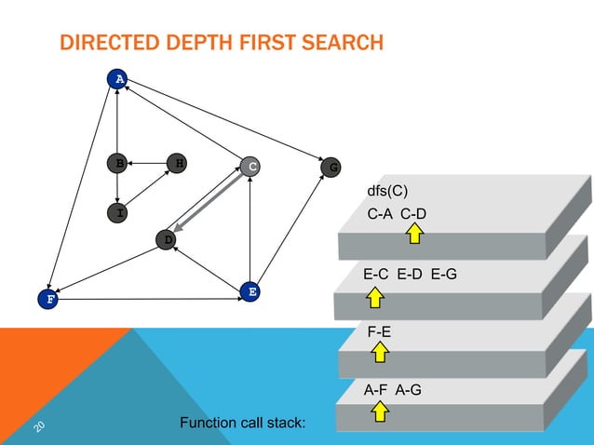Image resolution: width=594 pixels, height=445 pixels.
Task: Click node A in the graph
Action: tap(118, 79)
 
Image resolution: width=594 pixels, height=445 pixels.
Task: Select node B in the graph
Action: tap(118, 164)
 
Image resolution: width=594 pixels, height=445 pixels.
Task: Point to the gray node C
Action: tap(250, 168)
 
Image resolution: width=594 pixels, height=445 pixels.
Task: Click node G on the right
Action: tap(331, 168)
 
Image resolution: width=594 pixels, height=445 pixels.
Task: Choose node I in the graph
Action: tap(118, 213)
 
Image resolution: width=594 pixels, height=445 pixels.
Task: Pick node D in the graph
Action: tap(167, 240)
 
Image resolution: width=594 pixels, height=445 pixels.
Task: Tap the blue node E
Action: tap(250, 291)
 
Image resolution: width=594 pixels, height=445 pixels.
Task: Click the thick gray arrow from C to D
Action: tap(209, 204)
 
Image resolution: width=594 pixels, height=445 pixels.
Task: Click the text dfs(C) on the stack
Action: tap(389, 194)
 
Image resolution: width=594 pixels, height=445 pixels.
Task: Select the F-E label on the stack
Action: tap(379, 330)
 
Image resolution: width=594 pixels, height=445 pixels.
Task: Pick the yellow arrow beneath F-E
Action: tap(379, 352)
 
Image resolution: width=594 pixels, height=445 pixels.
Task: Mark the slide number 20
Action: tap(40, 425)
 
